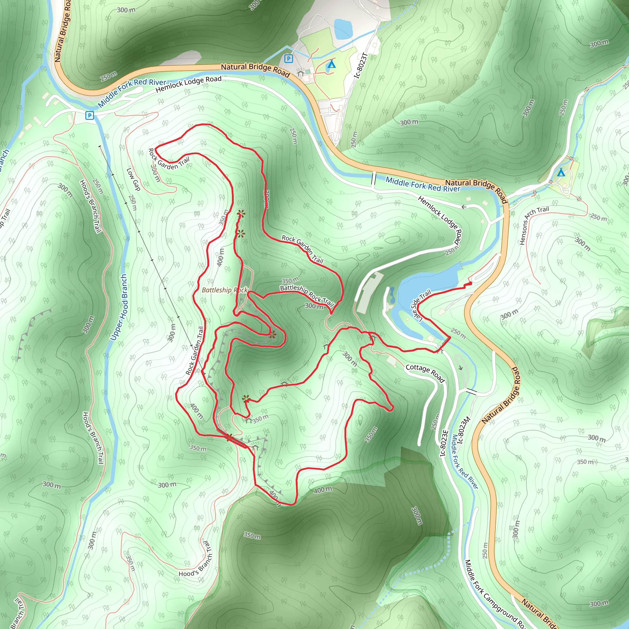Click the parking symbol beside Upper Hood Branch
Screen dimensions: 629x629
tap(89, 115)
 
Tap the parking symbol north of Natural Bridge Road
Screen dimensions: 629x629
tap(288, 59)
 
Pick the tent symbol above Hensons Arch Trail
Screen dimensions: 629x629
tap(561, 172)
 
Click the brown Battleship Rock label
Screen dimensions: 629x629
tap(225, 290)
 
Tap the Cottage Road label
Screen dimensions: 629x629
tap(425, 373)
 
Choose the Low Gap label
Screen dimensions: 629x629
tap(133, 179)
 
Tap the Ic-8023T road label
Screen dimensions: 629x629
tap(361, 65)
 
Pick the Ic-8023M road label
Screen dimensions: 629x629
tap(463, 430)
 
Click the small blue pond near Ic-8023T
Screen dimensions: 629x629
tap(343, 28)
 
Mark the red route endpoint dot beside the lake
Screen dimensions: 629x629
tap(470, 283)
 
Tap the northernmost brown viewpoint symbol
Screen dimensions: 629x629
tap(241, 214)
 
